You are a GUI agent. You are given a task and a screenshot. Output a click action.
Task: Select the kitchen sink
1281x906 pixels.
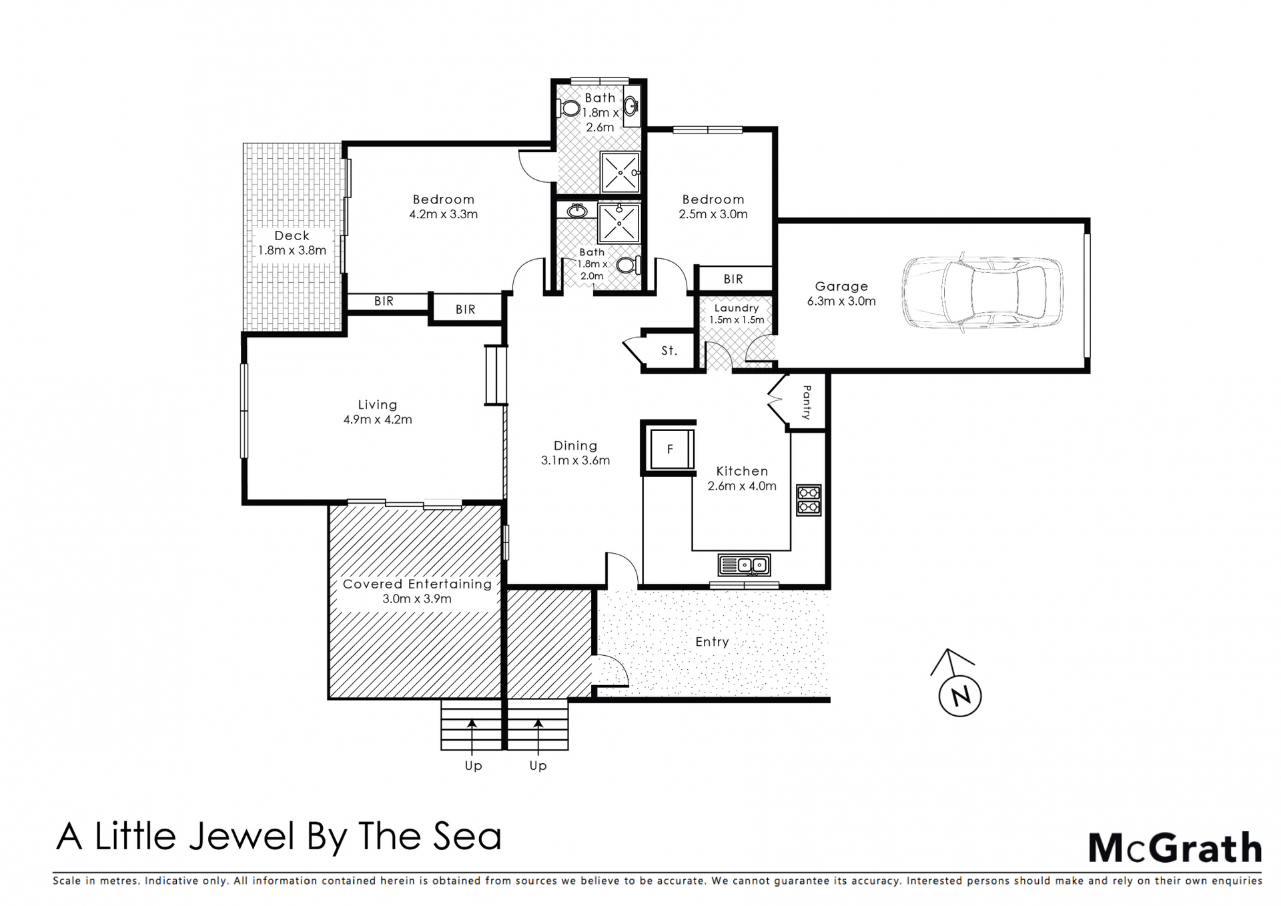point(744,565)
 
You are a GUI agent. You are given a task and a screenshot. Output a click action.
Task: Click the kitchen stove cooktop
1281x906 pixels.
point(809,500)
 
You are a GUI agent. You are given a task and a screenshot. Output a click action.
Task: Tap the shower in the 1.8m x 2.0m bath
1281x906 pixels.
point(619,223)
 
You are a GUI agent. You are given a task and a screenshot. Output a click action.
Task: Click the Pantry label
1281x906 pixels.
point(807,402)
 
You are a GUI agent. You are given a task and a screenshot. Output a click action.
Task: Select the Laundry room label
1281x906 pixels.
point(737,308)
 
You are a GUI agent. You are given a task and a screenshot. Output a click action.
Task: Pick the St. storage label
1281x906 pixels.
point(669,350)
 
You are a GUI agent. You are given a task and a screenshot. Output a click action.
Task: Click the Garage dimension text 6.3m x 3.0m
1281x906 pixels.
point(841,301)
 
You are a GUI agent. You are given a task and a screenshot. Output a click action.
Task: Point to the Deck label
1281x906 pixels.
point(292,236)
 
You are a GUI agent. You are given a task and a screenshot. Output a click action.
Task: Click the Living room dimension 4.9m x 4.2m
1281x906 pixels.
point(378,420)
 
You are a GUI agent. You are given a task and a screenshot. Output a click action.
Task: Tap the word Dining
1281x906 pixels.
point(575,446)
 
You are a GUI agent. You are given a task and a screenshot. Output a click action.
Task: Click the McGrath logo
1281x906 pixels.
point(1175,848)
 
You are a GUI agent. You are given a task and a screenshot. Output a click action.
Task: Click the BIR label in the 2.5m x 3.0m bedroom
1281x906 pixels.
point(733,279)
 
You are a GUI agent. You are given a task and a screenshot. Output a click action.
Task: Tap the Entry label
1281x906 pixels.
point(712,642)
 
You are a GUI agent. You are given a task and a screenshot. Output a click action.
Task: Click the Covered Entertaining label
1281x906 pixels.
point(417,584)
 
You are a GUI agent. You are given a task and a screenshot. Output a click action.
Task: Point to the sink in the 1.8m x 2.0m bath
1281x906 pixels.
point(577,211)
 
